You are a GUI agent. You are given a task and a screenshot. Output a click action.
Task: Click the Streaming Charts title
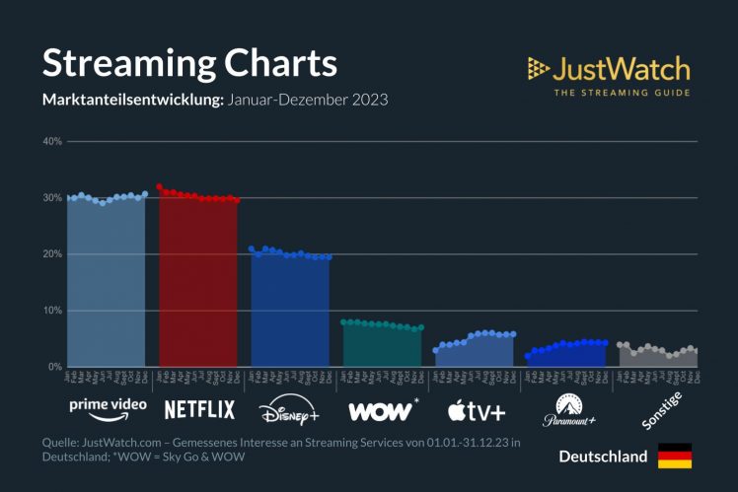tap(189, 63)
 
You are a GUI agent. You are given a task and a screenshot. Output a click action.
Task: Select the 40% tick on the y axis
tap(52, 142)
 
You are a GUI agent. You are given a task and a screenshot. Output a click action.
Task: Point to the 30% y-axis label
tap(52, 198)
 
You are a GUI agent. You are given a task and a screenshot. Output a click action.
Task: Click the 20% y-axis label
tap(52, 254)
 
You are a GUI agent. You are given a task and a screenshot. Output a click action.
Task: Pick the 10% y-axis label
tap(52, 311)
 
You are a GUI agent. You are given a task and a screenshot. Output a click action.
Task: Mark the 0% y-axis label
tap(55, 367)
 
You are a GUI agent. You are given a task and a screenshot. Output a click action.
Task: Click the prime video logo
tap(108, 406)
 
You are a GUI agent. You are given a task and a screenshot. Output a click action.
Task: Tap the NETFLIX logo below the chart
tap(199, 408)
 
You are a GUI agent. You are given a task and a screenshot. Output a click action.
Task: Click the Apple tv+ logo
tap(476, 409)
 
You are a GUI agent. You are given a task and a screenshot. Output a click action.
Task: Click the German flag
tap(675, 457)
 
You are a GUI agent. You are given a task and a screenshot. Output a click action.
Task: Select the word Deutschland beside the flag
tap(603, 457)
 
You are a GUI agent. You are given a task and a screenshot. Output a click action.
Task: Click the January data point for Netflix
tap(159, 186)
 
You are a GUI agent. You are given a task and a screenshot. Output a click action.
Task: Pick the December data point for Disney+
tap(329, 256)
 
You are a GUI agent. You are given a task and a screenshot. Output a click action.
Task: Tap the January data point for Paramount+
tap(528, 356)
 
